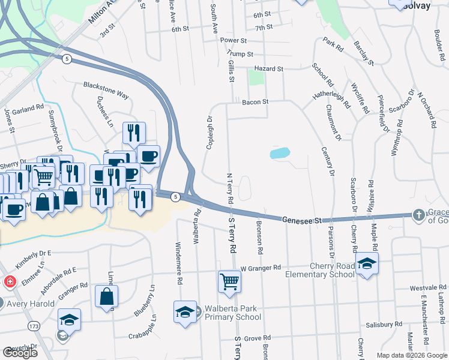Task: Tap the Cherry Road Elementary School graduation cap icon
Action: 367,264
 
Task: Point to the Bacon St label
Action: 255,103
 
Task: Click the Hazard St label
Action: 268,69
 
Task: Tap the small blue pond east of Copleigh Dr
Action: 280,154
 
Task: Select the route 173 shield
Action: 34,325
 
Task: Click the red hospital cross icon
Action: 10,281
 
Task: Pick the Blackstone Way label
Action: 106,90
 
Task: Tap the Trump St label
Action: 241,54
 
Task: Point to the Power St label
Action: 234,40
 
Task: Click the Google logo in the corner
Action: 20,353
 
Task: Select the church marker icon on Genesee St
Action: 418,215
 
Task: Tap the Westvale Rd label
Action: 429,288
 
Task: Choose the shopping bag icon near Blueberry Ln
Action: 106,297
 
